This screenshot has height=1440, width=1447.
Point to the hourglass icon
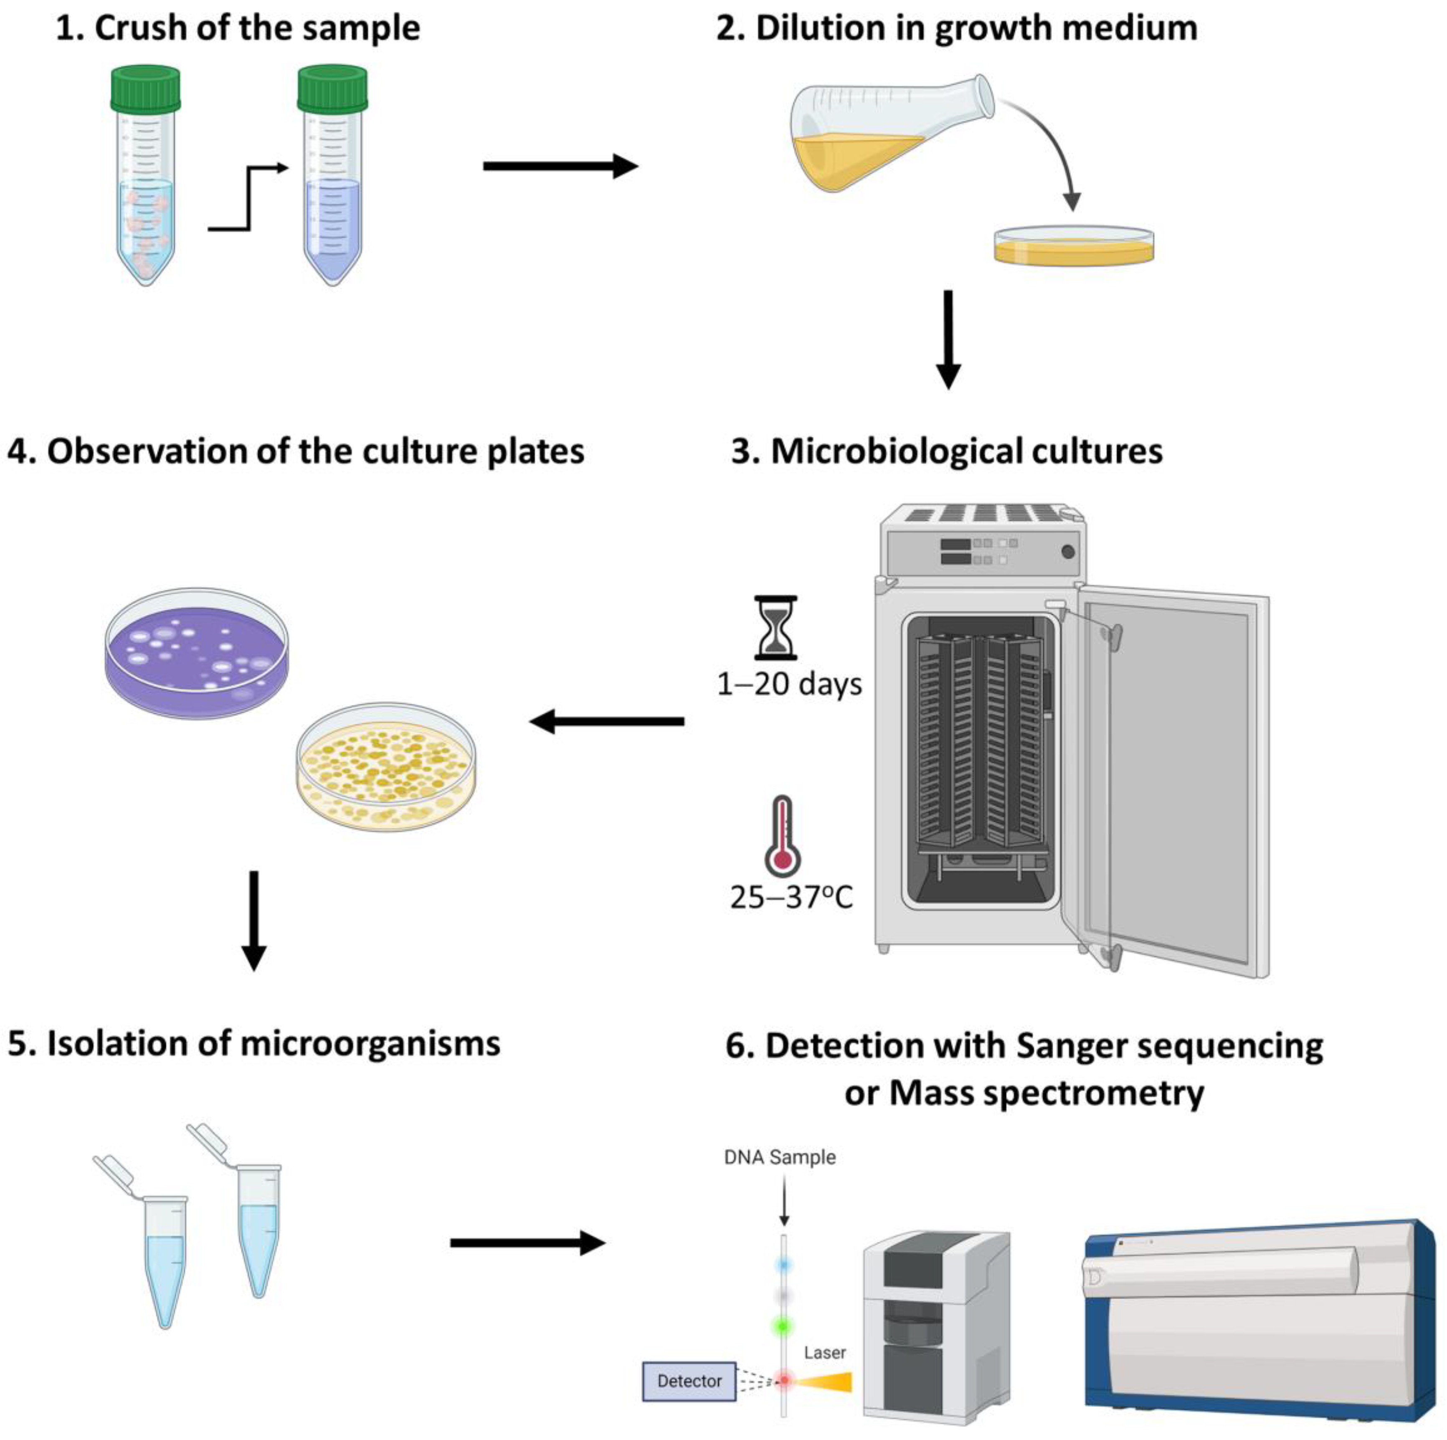(x=775, y=628)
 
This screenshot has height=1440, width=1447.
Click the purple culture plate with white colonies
(x=196, y=653)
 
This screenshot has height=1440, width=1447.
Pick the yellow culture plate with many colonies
(x=386, y=766)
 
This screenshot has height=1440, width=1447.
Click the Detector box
(x=689, y=1382)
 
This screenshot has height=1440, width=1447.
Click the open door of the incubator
(x=1172, y=779)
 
